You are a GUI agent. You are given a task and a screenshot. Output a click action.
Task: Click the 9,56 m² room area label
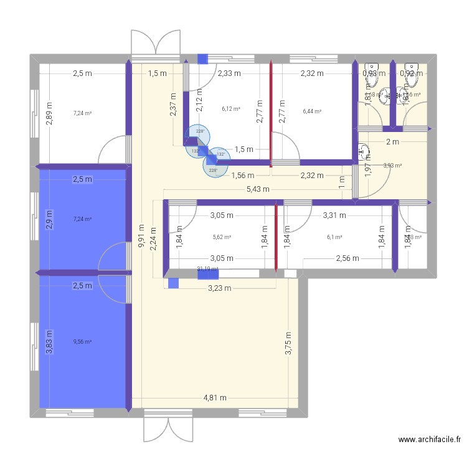pos(82,341)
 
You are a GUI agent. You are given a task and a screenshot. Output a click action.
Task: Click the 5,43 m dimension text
pos(258,189)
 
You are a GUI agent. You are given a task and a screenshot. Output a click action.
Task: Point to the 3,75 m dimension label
pos(289,342)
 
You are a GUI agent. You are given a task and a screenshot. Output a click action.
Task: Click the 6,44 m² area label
pos(312,111)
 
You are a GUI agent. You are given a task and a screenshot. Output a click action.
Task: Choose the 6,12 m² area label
pos(230,109)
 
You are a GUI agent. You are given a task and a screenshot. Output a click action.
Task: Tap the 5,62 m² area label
pos(222,237)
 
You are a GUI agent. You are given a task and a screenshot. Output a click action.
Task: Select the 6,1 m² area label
pos(334,237)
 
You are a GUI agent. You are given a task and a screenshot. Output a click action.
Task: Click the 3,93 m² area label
pos(392,166)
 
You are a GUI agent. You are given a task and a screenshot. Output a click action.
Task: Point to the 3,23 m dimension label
pos(219,288)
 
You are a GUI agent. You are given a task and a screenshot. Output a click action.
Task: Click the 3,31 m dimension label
pos(334,215)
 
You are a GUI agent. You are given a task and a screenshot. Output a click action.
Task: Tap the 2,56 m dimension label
pos(349,258)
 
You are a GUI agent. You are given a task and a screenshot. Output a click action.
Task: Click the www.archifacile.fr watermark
pos(430,440)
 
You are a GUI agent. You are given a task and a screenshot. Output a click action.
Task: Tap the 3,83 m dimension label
pos(50,342)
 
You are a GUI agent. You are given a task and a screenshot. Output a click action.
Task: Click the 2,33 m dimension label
pos(229,73)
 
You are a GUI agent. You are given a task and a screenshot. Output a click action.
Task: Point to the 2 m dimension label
pos(392,142)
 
